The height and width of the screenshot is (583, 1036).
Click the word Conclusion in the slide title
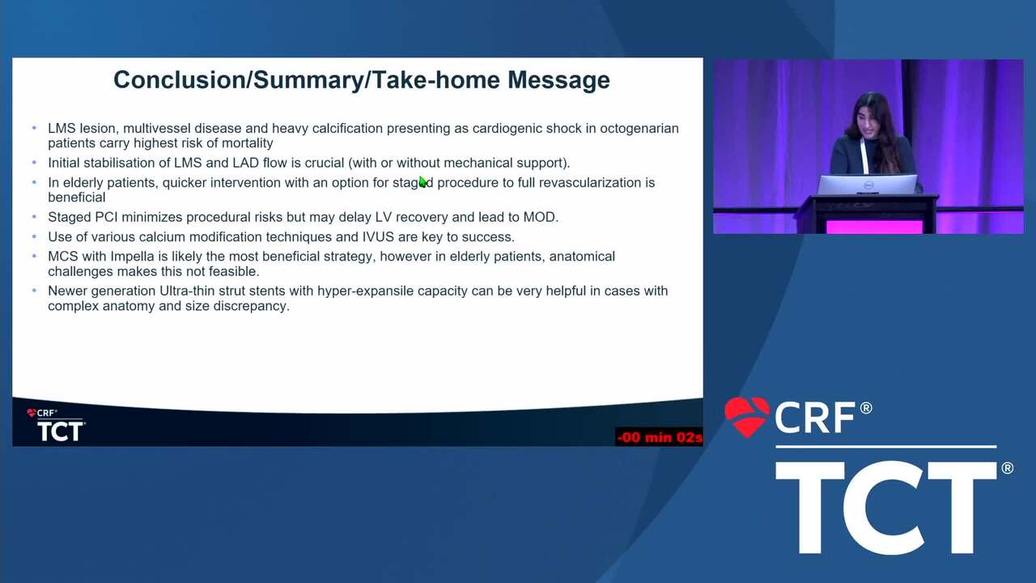[x=180, y=80]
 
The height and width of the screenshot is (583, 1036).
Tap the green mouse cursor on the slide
[x=422, y=182]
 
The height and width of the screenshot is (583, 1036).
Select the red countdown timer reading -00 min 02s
[x=659, y=436]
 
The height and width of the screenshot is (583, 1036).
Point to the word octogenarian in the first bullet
[x=639, y=128]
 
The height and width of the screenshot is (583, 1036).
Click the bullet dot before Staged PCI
[x=34, y=216]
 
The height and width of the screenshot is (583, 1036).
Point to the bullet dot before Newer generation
[x=34, y=291]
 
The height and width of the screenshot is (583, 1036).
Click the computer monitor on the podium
[x=867, y=185]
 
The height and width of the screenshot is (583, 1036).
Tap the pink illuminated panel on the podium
[x=874, y=227]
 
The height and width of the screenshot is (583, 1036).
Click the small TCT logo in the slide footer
[x=61, y=432]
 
